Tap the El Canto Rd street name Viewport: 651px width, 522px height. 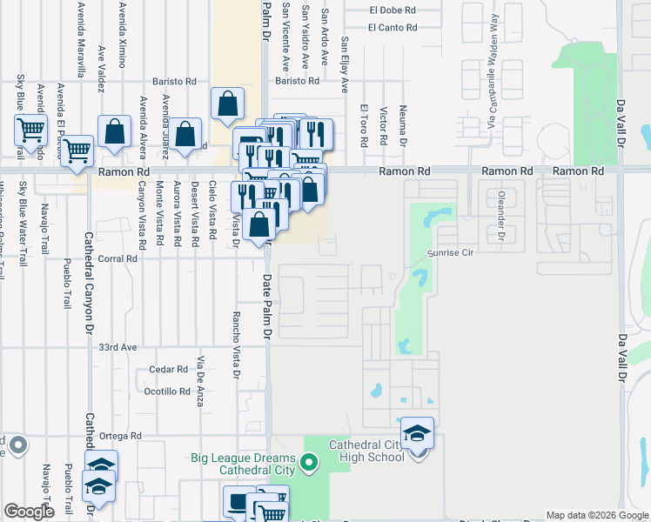click(392, 28)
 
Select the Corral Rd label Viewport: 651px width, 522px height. click(118, 258)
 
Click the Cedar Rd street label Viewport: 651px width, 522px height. click(169, 369)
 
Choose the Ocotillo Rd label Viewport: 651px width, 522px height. click(167, 391)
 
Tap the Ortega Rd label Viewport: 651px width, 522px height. click(120, 436)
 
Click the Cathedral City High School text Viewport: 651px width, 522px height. click(366, 451)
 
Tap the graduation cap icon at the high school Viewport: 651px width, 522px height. click(418, 432)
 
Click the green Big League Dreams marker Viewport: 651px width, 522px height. click(307, 463)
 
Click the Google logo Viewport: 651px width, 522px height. click(29, 512)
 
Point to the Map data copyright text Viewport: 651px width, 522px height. click(596, 515)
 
